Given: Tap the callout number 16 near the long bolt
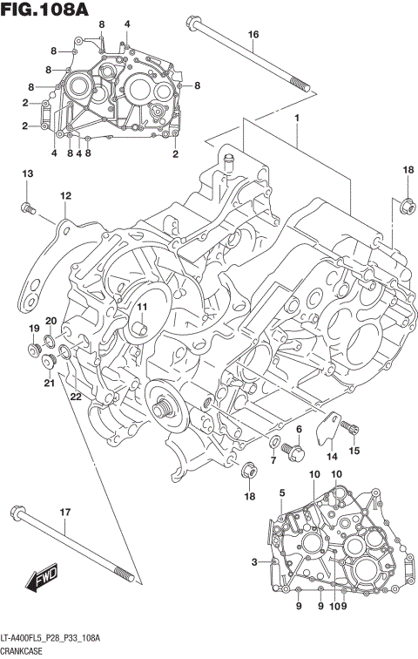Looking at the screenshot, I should [x=253, y=35].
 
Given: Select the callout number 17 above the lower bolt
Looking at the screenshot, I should [x=64, y=512].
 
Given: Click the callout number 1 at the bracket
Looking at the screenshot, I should [x=296, y=118].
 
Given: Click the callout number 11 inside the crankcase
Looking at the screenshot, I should [x=139, y=306].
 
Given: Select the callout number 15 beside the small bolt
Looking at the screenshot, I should [x=354, y=450].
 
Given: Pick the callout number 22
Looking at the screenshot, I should [x=77, y=397].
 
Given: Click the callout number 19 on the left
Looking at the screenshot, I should [x=35, y=329].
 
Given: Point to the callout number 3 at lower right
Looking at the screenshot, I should [x=254, y=561].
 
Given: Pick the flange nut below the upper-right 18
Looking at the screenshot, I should [x=407, y=205].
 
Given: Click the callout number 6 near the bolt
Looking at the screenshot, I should [x=298, y=429].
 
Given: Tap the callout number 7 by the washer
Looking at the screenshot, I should [x=273, y=459].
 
